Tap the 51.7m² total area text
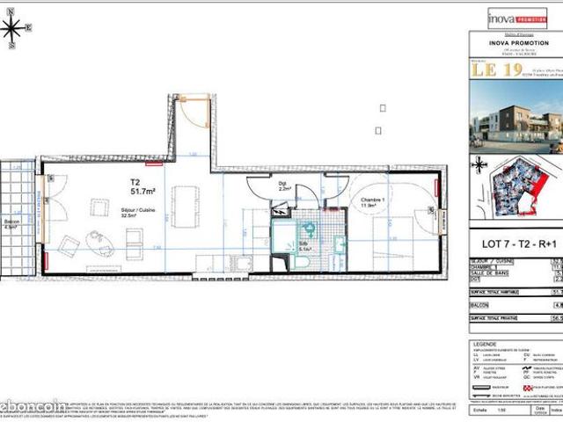[x=143, y=190]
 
